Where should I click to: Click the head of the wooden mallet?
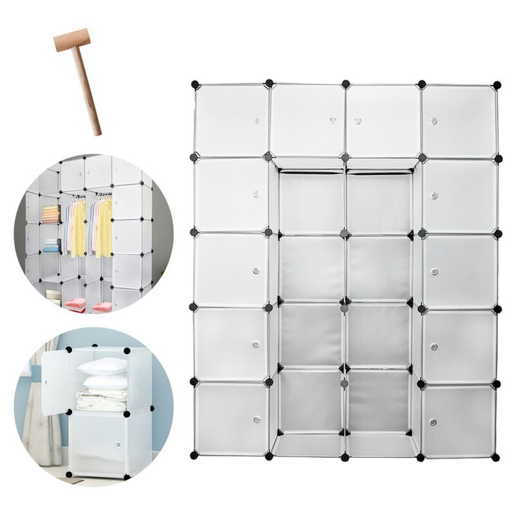(x=71, y=40)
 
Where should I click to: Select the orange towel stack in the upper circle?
(x=51, y=214)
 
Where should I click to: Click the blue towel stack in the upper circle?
(x=51, y=245)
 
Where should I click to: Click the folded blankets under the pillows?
(x=100, y=398)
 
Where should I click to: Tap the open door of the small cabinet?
(x=56, y=383)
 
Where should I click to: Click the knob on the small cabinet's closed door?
(x=118, y=444)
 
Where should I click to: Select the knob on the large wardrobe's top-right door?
(x=434, y=121)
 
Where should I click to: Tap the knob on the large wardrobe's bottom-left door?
(x=256, y=420)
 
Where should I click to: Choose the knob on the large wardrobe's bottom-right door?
(x=433, y=422)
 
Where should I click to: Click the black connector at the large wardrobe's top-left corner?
(x=194, y=84)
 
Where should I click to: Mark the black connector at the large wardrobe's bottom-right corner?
(x=496, y=456)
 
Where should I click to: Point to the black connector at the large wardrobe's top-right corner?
(x=496, y=84)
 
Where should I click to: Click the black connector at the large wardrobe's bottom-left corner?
(x=194, y=455)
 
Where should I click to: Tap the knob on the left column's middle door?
(x=256, y=270)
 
